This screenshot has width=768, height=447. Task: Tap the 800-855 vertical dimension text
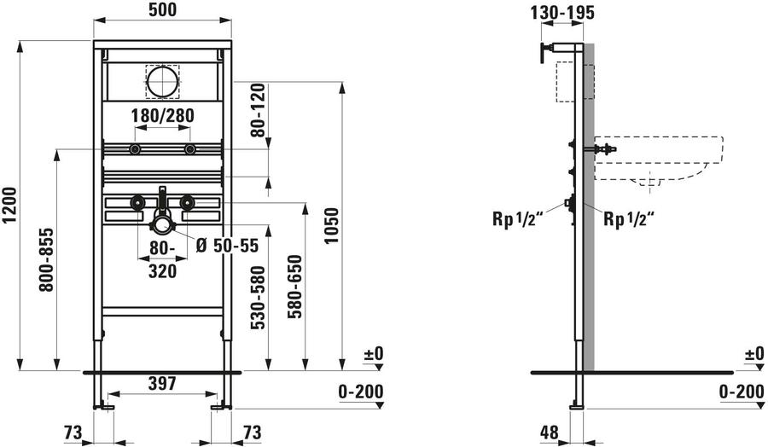tap(47, 259)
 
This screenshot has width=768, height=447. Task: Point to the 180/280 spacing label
tap(163, 115)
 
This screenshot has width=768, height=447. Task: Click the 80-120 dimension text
tap(258, 110)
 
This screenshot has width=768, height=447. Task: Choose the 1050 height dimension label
tap(332, 226)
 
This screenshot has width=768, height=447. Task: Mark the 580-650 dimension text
tap(295, 287)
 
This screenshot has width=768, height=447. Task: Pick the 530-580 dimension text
tap(258, 297)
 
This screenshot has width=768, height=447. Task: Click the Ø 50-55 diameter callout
tap(227, 246)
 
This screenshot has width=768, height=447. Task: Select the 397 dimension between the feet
tap(162, 383)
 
